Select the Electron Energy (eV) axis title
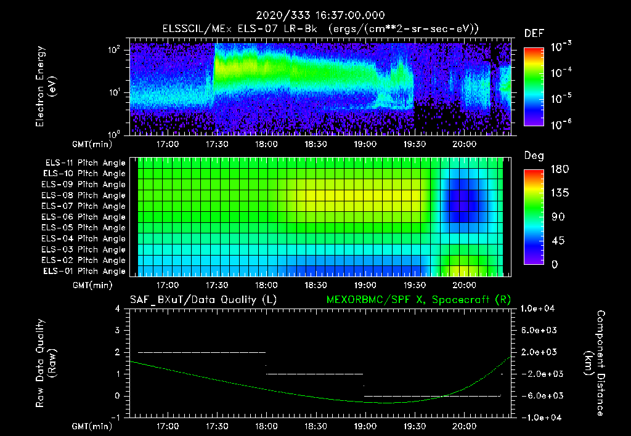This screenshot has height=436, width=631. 46,87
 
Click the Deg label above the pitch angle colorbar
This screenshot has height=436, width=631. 533,156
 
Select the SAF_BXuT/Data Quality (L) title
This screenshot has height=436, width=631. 203,299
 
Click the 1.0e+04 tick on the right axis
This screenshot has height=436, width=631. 539,309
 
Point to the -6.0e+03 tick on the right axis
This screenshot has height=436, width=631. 539,395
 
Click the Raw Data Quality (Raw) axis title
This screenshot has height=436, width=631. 46,363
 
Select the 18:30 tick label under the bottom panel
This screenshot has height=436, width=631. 315,426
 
